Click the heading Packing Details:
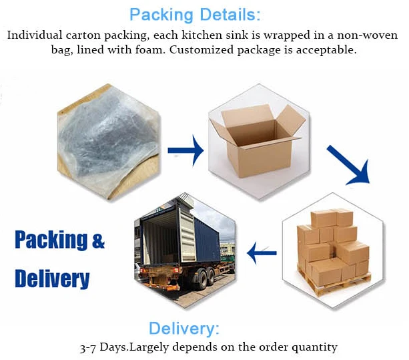[x=195, y=14]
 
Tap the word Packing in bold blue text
[x=51, y=240]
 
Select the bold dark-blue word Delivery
[x=52, y=278]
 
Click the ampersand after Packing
[x=98, y=240]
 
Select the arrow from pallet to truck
[x=262, y=252]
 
